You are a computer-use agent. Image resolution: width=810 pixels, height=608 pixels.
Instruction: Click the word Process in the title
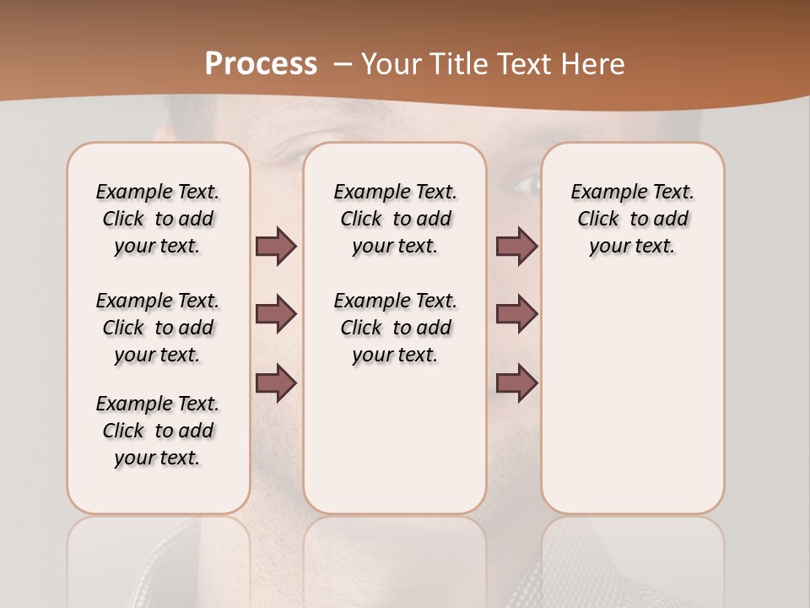point(261,64)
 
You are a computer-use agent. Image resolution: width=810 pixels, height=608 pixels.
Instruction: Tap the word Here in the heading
point(591,64)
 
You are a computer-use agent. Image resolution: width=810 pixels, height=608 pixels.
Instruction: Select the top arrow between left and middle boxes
point(276,246)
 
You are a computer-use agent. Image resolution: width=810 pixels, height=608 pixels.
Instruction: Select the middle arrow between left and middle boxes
point(276,314)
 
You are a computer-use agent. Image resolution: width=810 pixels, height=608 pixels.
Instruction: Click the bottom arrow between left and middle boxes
point(276,383)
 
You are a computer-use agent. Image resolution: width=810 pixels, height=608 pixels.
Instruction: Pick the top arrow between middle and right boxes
point(516,246)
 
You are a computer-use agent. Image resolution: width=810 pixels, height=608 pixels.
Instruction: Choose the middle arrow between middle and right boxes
point(516,314)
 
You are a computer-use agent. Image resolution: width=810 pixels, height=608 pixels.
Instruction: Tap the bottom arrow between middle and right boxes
point(516,383)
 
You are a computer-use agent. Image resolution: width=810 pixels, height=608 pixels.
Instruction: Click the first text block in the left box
point(158,219)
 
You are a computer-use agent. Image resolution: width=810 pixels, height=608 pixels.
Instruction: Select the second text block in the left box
point(158,328)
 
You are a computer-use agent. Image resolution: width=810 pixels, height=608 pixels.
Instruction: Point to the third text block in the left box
point(158,431)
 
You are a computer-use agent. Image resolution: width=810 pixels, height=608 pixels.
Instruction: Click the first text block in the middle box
point(395,219)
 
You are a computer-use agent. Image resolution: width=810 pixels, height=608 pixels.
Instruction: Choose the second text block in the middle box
point(395,328)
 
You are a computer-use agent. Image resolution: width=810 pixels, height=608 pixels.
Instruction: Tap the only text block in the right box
point(632,219)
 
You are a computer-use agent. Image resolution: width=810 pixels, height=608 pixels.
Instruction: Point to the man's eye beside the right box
point(525,183)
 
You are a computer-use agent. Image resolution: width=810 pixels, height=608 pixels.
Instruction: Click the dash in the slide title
point(343,64)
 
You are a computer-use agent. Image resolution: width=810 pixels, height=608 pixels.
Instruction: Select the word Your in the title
point(391,64)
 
